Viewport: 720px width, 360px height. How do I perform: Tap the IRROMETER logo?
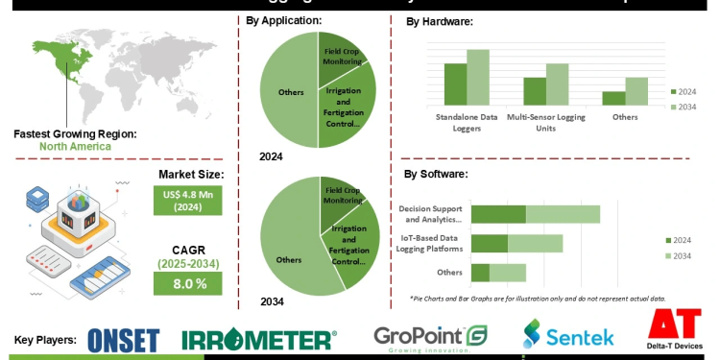259,339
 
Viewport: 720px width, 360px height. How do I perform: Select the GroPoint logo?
431,338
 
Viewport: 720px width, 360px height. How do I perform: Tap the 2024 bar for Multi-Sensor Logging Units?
535,90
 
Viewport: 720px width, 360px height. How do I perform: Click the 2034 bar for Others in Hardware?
637,90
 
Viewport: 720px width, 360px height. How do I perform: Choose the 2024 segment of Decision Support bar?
498,214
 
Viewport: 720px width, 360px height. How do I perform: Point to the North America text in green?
75,147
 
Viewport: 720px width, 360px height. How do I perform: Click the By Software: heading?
436,174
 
